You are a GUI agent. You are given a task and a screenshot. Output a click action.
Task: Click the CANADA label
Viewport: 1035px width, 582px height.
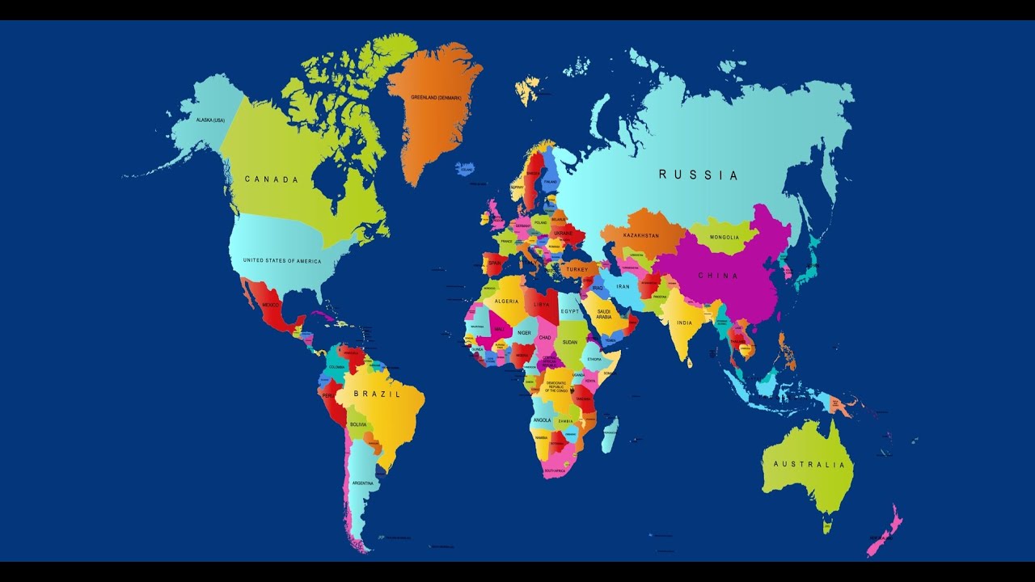tap(272, 179)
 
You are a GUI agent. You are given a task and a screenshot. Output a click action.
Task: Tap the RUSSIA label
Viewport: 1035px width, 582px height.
tap(698, 175)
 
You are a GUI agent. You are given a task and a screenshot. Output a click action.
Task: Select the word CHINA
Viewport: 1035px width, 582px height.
tap(718, 276)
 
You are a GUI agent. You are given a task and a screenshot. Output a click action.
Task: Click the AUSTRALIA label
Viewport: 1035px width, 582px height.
tap(809, 465)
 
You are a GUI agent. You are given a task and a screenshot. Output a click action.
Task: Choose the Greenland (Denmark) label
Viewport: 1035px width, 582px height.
tap(435, 98)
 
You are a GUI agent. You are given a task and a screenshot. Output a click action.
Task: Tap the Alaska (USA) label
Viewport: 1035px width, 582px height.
tap(210, 120)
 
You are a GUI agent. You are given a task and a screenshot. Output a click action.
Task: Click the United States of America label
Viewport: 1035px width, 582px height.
tap(281, 260)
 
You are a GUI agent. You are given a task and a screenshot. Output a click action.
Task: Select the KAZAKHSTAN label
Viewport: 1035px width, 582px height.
tap(641, 235)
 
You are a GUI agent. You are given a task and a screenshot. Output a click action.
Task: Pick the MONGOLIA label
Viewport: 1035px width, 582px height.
tap(724, 238)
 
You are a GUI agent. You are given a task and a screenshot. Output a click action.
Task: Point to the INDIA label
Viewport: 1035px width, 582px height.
tap(684, 323)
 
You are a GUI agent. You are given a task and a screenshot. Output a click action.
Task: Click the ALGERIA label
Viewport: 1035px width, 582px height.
tap(507, 301)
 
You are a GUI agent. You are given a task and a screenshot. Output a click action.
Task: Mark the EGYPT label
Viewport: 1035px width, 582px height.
tap(571, 310)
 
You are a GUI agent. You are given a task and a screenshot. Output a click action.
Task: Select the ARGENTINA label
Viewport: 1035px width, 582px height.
tap(362, 483)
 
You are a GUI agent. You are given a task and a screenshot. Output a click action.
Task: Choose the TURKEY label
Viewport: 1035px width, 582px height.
tap(577, 269)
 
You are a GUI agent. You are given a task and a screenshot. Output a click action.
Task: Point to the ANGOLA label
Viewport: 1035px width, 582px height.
tap(542, 420)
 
